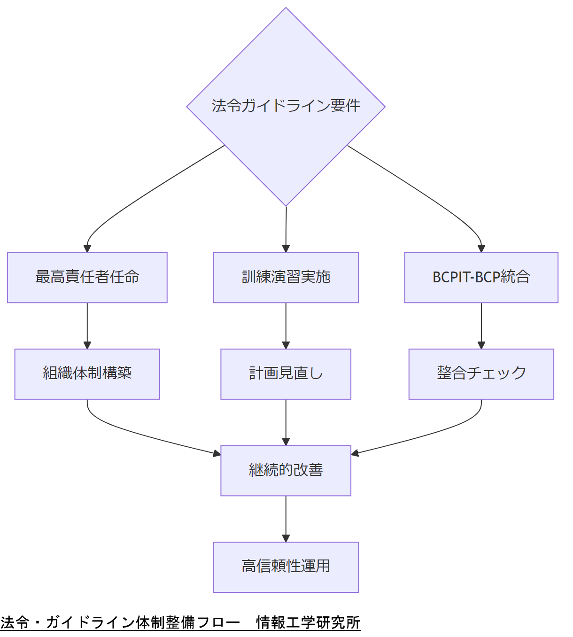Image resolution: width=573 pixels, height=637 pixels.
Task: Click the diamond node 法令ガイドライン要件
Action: pyautogui.click(x=286, y=106)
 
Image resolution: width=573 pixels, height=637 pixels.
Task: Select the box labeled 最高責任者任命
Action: pyautogui.click(x=87, y=277)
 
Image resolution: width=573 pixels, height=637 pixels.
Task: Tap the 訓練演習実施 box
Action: pyautogui.click(x=286, y=277)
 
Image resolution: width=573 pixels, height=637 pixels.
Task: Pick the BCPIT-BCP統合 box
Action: pyautogui.click(x=481, y=277)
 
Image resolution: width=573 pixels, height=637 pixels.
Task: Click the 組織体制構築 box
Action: pyautogui.click(x=87, y=374)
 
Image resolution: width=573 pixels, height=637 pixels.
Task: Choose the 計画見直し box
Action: pyautogui.click(x=286, y=374)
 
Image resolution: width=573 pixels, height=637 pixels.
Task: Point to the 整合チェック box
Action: pyautogui.click(x=481, y=374)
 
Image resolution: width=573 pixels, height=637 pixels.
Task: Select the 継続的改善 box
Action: pyautogui.click(x=286, y=470)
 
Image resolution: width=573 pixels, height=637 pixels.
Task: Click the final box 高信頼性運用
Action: pyautogui.click(x=286, y=567)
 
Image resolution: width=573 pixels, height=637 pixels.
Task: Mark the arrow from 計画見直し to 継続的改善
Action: pyautogui.click(x=286, y=422)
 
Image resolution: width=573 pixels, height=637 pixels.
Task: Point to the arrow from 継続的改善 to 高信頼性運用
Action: pyautogui.click(x=286, y=518)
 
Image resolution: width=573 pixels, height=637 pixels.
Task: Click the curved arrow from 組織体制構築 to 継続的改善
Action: pyautogui.click(x=141, y=435)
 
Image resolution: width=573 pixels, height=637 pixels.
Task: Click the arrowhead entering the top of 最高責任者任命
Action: pyautogui.click(x=87, y=249)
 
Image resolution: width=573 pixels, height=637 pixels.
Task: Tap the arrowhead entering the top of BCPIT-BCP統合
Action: pyautogui.click(x=481, y=249)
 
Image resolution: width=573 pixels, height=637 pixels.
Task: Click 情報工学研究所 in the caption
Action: pyautogui.click(x=308, y=622)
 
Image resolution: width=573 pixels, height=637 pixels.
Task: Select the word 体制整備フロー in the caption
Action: pyautogui.click(x=188, y=622)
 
